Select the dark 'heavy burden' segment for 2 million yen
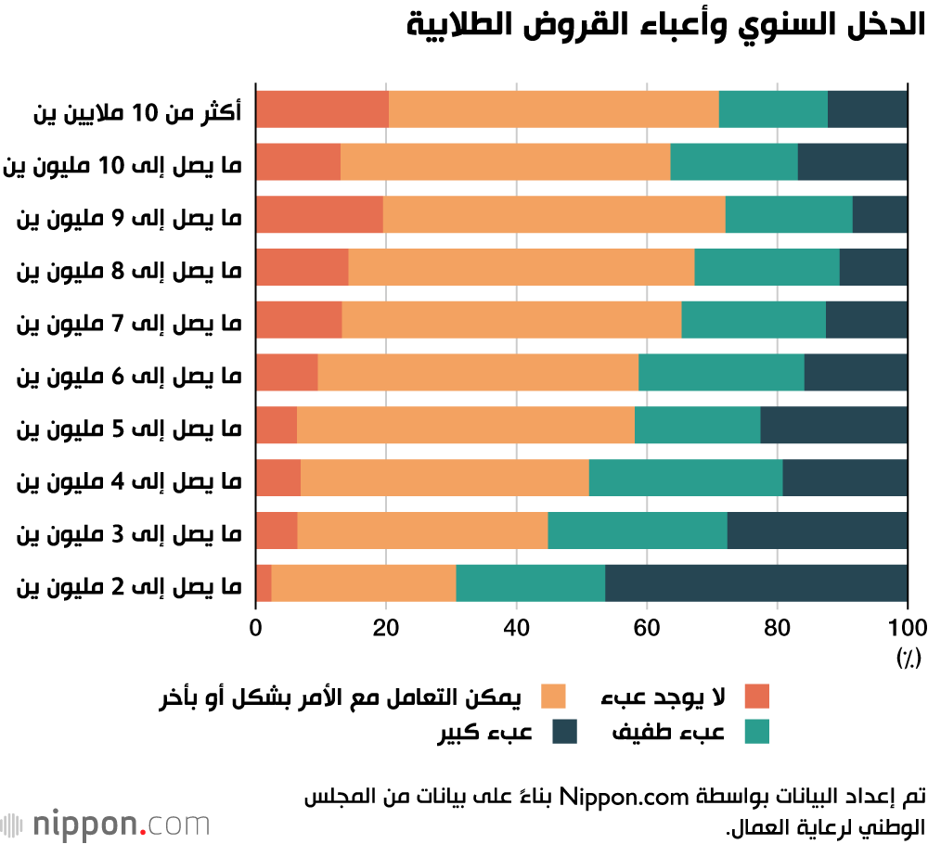click(756, 583)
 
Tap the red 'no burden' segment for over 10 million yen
click(322, 109)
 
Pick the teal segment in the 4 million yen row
click(686, 478)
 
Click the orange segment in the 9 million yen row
click(554, 214)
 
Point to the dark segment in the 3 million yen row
click(817, 531)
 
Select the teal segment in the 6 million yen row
click(721, 372)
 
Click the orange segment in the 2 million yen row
click(364, 583)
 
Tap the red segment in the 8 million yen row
click(302, 267)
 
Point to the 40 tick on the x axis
click(516, 625)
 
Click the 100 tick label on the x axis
click(907, 625)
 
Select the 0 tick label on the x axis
click(256, 625)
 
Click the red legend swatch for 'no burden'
click(757, 697)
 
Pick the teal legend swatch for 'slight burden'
click(757, 732)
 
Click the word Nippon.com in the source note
click(630, 797)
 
